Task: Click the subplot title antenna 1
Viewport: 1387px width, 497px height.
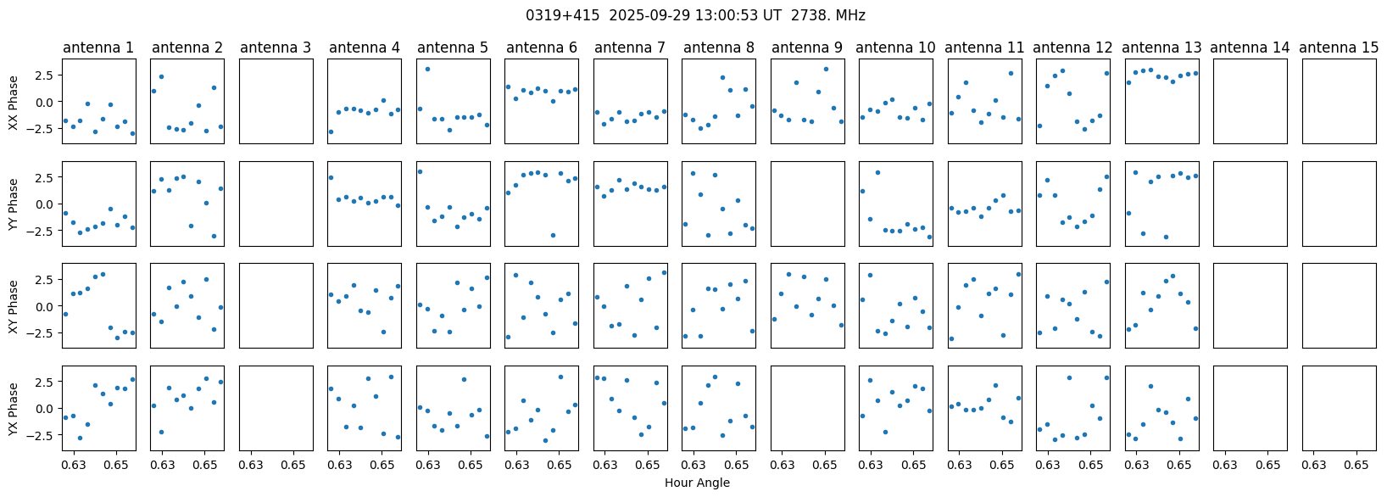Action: click(98, 48)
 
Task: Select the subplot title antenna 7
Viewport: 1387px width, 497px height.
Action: click(630, 48)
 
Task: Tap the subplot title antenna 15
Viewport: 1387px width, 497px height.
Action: click(1339, 48)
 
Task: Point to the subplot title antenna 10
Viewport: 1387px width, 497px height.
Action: click(896, 48)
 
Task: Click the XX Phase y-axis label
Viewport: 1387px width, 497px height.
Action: click(14, 102)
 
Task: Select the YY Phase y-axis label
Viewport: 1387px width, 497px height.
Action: click(14, 204)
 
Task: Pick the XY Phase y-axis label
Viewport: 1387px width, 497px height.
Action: click(14, 306)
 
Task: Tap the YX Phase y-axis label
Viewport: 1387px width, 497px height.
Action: click(14, 408)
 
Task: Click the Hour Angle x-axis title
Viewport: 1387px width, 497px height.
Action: click(697, 483)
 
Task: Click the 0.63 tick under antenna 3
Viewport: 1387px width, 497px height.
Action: click(251, 466)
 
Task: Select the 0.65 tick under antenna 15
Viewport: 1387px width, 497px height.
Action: click(1356, 466)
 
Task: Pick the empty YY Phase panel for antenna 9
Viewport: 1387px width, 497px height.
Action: click(807, 204)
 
